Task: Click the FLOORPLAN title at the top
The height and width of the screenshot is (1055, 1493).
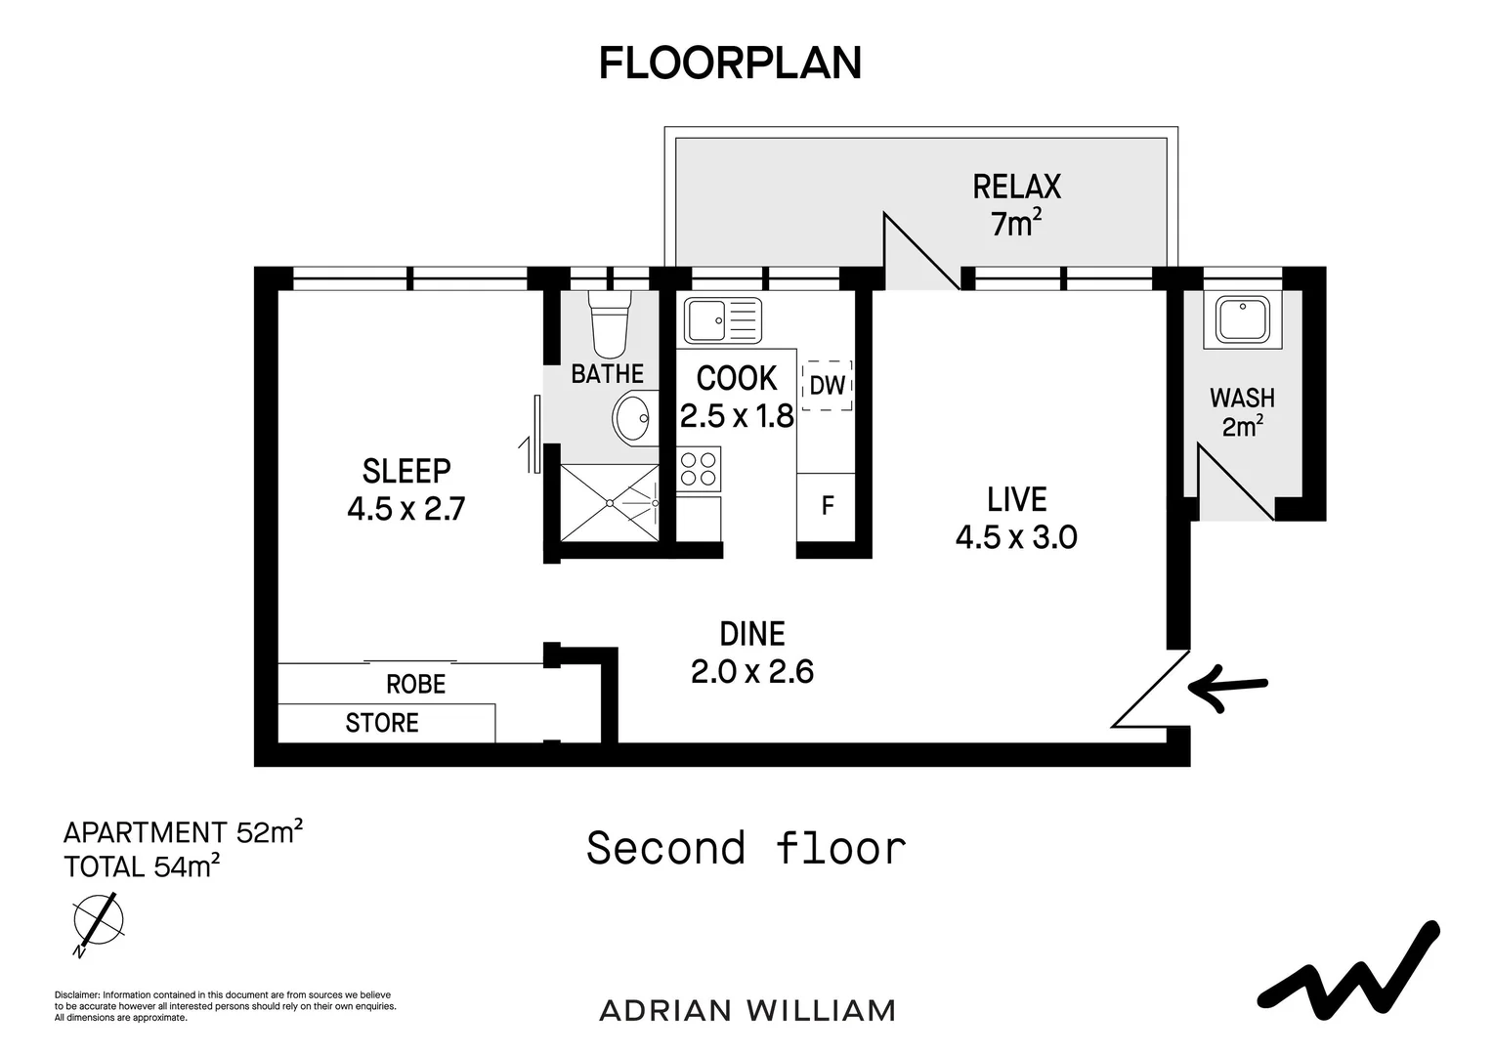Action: [730, 63]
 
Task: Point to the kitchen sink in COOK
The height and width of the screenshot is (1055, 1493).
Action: [722, 319]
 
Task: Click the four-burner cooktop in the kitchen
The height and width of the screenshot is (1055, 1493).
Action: [699, 469]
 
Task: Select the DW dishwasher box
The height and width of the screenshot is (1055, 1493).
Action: [827, 385]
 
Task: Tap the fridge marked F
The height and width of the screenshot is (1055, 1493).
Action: [827, 505]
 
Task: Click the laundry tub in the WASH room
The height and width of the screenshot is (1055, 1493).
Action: [1242, 319]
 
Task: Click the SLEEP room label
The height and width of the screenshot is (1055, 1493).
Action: [406, 471]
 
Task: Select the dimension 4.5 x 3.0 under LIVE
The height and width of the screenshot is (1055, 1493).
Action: [1016, 537]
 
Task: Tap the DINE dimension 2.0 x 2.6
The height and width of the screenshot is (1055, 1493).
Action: [751, 672]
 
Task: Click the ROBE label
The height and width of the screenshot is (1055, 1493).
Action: [415, 684]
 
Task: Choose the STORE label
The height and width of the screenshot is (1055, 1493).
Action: [382, 723]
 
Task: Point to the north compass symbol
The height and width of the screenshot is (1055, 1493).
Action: [99, 920]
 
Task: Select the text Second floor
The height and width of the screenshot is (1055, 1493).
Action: [746, 848]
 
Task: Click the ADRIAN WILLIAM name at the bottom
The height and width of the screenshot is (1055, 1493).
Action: [746, 1010]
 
